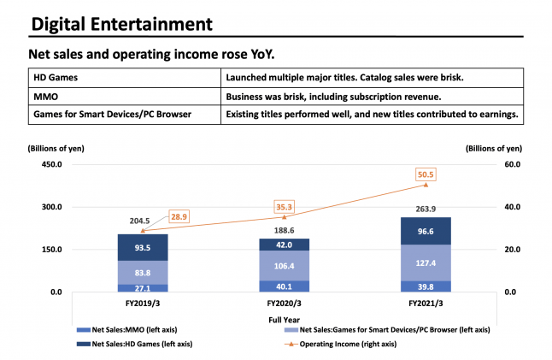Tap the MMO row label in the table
[x=46, y=96]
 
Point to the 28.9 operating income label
[x=179, y=219]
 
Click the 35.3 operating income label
[x=284, y=205]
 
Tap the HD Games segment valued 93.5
[x=143, y=248]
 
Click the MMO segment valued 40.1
[x=284, y=286]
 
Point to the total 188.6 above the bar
[x=284, y=230]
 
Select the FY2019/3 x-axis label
[x=143, y=303]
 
